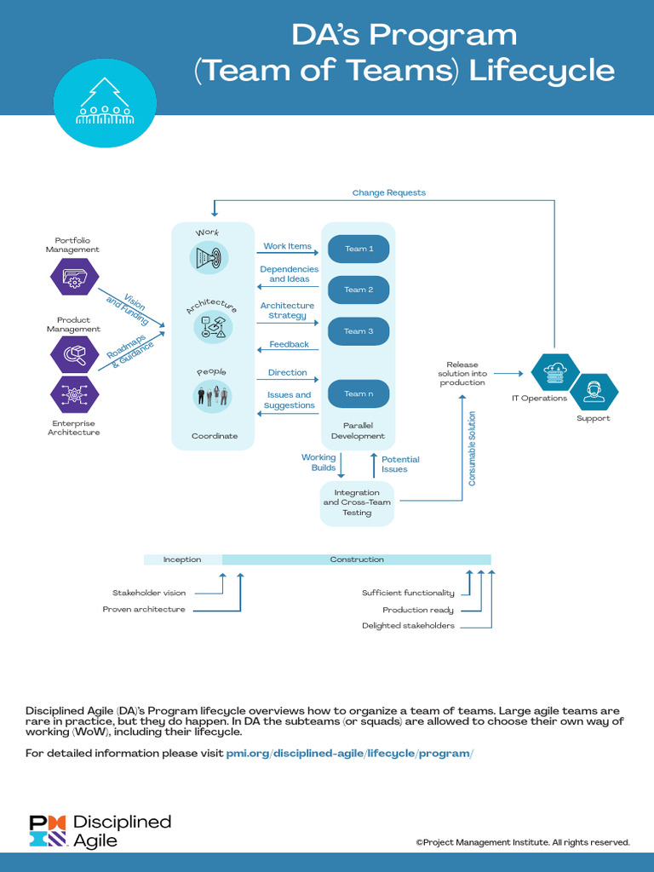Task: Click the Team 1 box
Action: click(x=359, y=249)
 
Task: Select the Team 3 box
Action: click(x=359, y=331)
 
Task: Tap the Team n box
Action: click(x=359, y=393)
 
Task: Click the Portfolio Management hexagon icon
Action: click(x=75, y=277)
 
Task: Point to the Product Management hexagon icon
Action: click(x=75, y=354)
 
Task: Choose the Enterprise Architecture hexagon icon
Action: click(x=75, y=394)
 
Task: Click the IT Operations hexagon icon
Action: click(x=555, y=372)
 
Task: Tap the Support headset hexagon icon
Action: click(x=594, y=393)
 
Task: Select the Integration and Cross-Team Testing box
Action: click(x=357, y=502)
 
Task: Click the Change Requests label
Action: click(x=388, y=192)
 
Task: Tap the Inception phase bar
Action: click(x=182, y=559)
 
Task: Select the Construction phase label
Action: click(x=357, y=559)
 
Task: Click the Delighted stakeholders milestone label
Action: click(x=408, y=626)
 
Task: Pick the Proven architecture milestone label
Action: click(x=144, y=610)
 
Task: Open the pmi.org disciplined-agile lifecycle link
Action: click(x=349, y=754)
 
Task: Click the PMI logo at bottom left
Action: click(x=48, y=830)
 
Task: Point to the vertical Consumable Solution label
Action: click(x=473, y=449)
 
